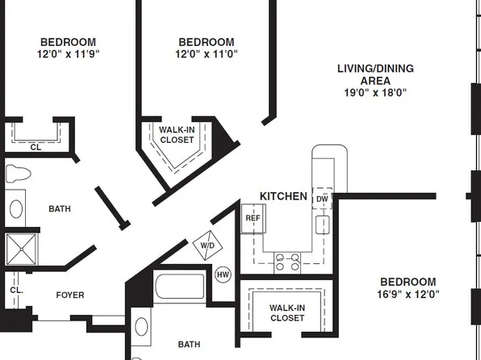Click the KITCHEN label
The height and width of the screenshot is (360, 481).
(x=283, y=196)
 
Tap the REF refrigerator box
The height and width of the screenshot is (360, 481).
(x=253, y=218)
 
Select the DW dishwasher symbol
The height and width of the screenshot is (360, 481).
(x=322, y=199)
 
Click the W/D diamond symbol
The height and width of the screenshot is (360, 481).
(x=207, y=246)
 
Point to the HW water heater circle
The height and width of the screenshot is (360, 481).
(x=224, y=274)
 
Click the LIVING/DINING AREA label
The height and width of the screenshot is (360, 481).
(x=375, y=74)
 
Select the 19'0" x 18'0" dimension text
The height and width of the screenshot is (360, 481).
(x=375, y=93)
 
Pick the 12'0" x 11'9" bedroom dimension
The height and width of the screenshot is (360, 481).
(x=69, y=54)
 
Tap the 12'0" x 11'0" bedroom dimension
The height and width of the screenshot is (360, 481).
(x=206, y=54)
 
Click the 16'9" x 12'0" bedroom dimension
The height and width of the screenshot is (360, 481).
(x=408, y=295)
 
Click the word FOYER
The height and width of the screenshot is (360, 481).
(x=69, y=295)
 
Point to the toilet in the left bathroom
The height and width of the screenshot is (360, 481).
(x=18, y=174)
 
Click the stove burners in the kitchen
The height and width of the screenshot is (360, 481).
(x=288, y=261)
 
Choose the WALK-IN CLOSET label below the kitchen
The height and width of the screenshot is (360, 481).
(x=287, y=313)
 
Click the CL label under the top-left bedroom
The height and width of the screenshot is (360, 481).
(x=36, y=147)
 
